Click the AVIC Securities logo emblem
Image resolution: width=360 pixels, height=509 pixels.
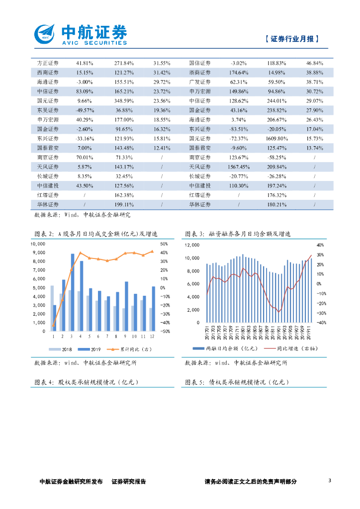click(x=45, y=34)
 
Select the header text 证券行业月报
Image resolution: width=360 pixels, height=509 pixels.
click(x=292, y=39)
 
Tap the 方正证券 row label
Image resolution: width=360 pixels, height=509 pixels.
click(x=48, y=63)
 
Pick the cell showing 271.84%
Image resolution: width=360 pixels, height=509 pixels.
click(x=124, y=63)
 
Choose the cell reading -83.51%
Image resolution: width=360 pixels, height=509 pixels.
click(x=239, y=129)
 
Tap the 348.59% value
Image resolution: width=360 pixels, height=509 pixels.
click(x=124, y=100)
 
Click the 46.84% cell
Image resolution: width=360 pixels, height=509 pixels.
click(x=315, y=63)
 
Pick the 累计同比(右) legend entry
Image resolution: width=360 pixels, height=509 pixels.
click(x=133, y=349)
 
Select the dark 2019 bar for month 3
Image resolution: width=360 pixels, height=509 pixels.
click(x=73, y=292)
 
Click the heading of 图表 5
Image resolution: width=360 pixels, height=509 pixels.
click(x=236, y=382)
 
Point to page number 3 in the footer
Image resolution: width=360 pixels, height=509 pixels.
click(x=330, y=481)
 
